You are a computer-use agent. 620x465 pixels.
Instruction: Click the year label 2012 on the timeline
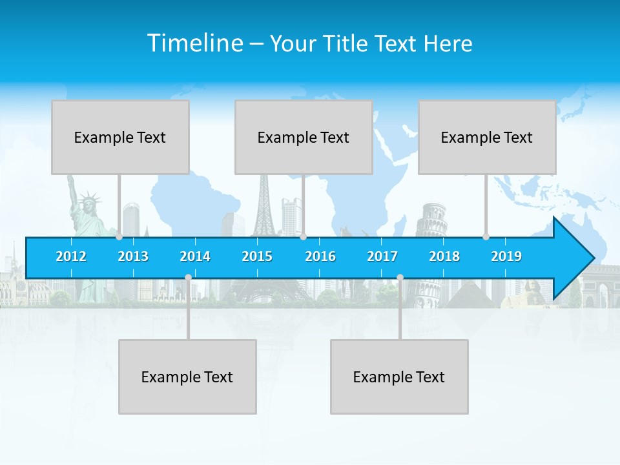pos(71,256)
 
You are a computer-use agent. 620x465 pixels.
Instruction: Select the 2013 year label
pos(133,256)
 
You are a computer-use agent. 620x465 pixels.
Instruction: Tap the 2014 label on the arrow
pos(195,256)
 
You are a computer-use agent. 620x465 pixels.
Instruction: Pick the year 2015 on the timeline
pos(257,256)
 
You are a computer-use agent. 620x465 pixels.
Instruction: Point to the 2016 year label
pos(320,256)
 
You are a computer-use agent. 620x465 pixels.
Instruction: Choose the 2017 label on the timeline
pos(382,256)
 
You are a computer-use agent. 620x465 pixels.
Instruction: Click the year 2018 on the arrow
pos(444,256)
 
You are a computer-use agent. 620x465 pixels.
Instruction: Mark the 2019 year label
pos(506,256)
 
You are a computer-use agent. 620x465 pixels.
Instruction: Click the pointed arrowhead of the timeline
pos(575,258)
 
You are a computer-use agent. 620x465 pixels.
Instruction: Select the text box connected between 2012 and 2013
pos(120,137)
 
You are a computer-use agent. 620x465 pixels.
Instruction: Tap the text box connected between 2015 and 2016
pos(304,137)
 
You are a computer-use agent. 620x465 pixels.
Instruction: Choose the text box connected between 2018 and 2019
pos(487,137)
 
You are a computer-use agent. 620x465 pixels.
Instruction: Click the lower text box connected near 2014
pos(187,377)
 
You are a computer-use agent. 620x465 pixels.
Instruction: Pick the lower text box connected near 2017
pos(399,377)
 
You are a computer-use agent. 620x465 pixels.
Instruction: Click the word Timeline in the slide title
pos(194,43)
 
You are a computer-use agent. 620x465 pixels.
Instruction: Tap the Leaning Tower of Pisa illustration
pos(431,223)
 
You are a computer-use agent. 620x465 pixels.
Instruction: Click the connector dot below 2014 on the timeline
pos(188,277)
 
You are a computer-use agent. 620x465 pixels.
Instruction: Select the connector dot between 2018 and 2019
pos(486,237)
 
